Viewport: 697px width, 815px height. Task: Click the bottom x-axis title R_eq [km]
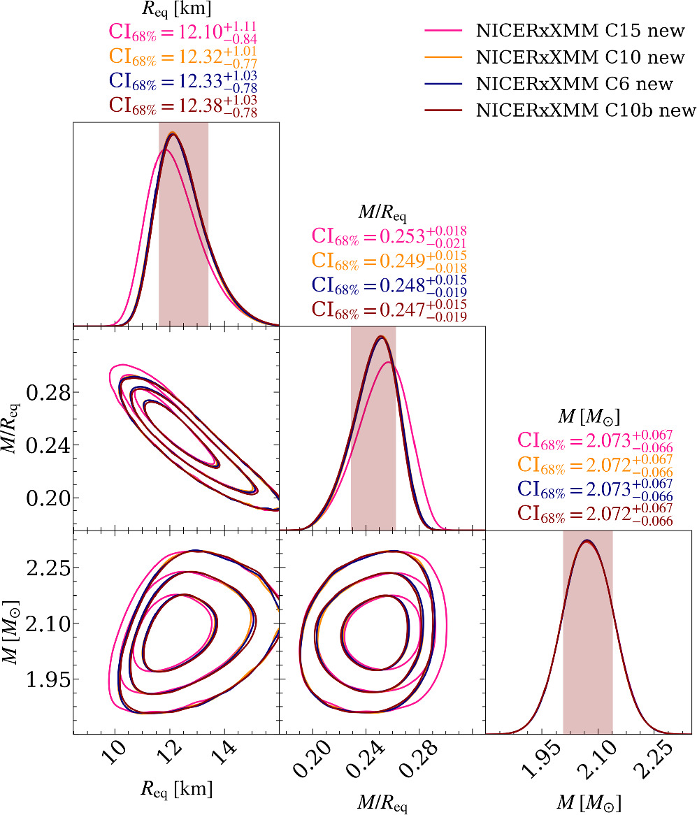(176, 789)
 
